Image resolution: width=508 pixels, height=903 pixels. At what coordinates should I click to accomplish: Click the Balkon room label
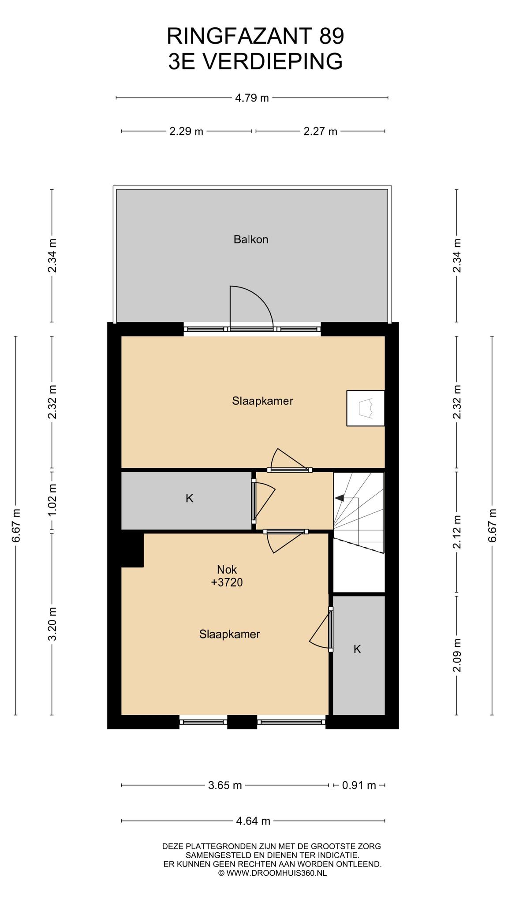coord(251,239)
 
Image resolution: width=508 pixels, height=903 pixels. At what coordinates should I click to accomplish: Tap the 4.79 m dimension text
coord(252,98)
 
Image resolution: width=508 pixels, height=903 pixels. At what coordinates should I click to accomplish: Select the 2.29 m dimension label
coord(187,131)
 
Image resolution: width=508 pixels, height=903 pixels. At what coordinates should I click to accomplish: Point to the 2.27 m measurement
coord(321,131)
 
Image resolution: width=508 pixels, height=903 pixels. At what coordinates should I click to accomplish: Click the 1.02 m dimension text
coord(52,500)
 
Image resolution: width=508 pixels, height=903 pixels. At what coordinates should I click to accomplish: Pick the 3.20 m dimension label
coord(52,624)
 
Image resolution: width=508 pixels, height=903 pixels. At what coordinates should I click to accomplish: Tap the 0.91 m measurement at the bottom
coord(359,785)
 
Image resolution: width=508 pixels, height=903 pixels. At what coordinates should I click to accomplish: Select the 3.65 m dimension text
coord(225,785)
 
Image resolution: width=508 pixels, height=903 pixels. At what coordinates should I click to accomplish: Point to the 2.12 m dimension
coord(457,532)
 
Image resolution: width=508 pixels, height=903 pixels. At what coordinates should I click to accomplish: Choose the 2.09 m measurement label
coord(457,655)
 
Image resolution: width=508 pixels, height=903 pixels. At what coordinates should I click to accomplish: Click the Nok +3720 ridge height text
coord(227,576)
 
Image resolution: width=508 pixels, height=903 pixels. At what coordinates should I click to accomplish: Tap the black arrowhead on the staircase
coord(339,498)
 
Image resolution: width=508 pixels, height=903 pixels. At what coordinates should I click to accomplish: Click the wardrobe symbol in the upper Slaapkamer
coord(366,408)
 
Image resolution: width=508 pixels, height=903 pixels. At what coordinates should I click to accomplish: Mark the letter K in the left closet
coord(190,498)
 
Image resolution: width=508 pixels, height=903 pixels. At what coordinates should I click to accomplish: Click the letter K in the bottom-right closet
coord(358,649)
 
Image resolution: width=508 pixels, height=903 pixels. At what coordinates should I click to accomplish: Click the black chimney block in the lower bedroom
coord(132,549)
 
